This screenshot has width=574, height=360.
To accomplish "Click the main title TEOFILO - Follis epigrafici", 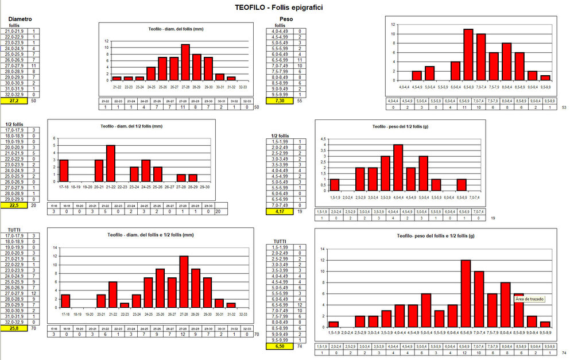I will [286, 7].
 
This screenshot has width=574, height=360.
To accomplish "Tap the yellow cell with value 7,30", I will [281, 100].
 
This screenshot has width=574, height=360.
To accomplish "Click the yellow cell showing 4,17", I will [281, 211].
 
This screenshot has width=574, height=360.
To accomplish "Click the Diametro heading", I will [20, 18].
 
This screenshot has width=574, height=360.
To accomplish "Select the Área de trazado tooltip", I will [529, 299].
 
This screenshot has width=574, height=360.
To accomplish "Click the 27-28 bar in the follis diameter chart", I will [185, 62].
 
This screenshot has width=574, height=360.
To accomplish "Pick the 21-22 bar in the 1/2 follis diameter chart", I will [111, 163].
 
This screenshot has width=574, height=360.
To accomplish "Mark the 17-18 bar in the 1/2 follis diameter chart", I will [64, 171].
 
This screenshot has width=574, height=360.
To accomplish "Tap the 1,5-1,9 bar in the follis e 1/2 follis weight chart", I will [333, 324].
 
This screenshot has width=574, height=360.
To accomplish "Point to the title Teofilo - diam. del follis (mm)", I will [173, 29].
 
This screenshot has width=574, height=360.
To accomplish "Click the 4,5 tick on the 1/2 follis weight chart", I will [323, 138].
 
